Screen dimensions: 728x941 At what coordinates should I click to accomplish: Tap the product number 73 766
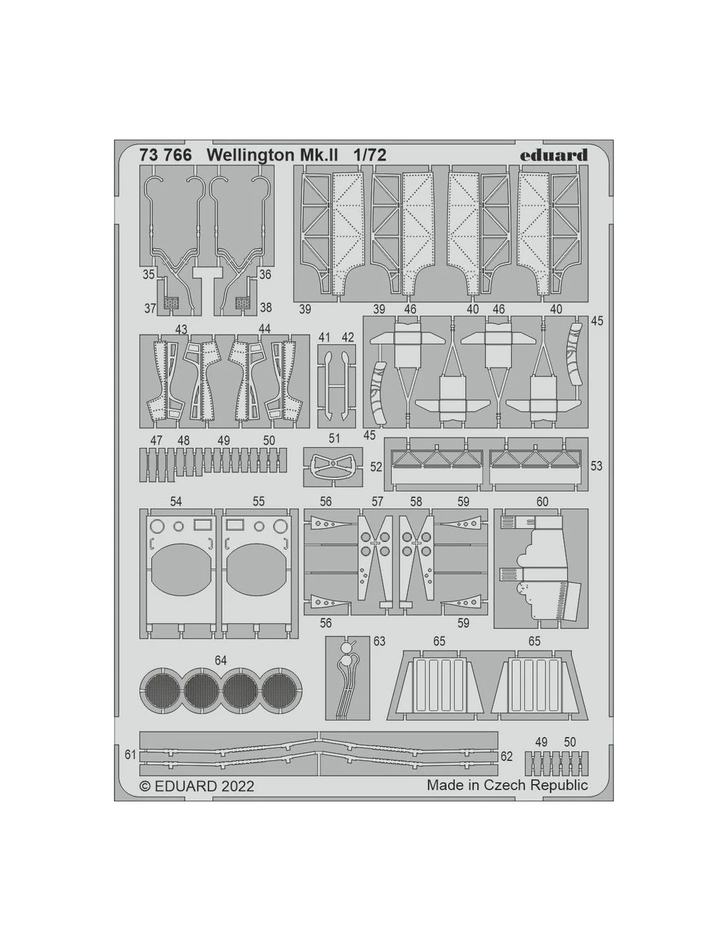165,155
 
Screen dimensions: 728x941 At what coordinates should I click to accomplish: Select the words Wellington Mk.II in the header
273,156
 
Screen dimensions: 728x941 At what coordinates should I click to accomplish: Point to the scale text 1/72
369,155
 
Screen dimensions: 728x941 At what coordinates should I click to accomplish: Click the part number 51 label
334,438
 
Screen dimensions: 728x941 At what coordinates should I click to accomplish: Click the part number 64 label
220,660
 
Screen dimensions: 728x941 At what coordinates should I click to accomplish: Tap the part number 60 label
542,502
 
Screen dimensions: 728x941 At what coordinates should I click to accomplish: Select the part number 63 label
379,641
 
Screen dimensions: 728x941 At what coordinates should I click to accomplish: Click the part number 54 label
176,502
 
